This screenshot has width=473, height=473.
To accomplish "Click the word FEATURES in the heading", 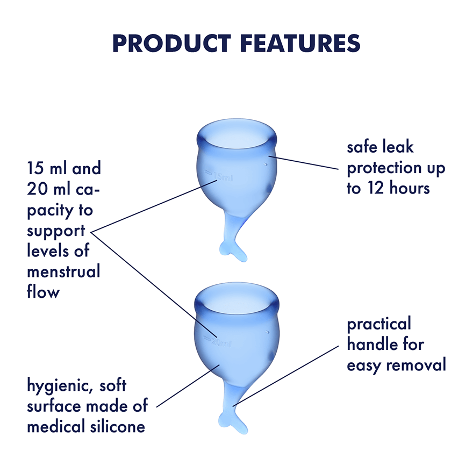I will point(293,44).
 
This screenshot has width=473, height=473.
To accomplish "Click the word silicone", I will point(115,427).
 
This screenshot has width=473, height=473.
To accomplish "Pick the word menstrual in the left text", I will point(63,272).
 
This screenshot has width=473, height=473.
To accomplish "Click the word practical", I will point(378,324).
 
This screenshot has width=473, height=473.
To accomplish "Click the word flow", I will point(43,292).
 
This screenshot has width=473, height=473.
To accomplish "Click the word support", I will point(56,231).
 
